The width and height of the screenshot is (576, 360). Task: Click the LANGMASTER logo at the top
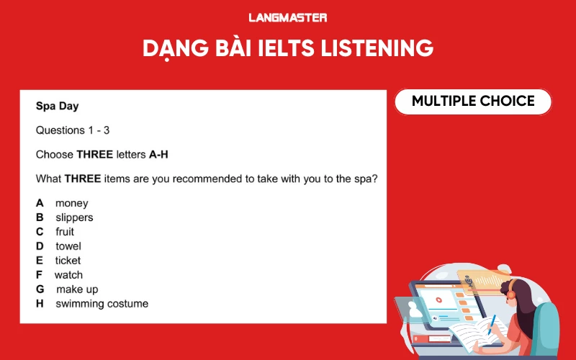coord(287,17)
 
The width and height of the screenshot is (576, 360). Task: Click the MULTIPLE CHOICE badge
coord(473,102)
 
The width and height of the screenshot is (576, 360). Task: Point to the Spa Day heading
coord(58,106)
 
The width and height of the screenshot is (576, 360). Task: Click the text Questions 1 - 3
coord(73,130)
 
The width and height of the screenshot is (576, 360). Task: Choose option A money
coord(62,203)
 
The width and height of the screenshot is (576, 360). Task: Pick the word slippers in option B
coord(74,217)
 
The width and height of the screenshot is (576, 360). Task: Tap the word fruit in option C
coord(65,232)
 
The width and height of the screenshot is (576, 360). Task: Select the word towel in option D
coord(68,246)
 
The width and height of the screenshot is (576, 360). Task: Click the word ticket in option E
coord(68,261)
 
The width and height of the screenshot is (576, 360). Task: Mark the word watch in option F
coord(68,275)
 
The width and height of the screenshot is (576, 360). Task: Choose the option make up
coord(76,289)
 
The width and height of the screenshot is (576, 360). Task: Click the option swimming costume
coord(102,304)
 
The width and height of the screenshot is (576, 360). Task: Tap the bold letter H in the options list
coord(40,304)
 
